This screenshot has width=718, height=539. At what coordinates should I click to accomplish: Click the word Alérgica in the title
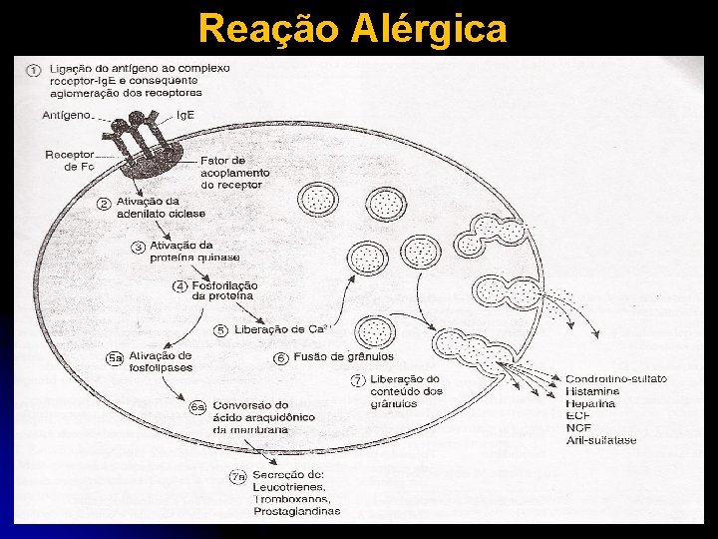click(x=430, y=29)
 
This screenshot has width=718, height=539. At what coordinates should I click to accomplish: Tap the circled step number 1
click(x=34, y=69)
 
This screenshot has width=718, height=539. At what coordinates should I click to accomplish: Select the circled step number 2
click(x=104, y=203)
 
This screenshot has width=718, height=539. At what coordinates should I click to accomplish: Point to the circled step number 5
click(x=221, y=330)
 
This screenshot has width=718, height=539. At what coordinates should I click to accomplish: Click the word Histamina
click(x=591, y=391)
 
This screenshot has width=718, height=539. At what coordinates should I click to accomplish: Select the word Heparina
click(x=589, y=403)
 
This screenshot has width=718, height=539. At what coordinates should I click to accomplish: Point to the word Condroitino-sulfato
click(x=615, y=379)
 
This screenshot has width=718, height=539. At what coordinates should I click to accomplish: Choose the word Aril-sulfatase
click(x=600, y=440)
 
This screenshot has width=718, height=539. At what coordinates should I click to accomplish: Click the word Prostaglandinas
click(x=296, y=511)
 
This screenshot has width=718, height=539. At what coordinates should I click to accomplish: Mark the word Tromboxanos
click(x=290, y=499)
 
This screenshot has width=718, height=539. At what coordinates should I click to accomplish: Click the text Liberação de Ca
click(x=284, y=330)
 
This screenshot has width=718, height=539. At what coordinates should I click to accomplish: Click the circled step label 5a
click(x=115, y=357)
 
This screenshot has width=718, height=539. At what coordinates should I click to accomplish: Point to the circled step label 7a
click(x=237, y=476)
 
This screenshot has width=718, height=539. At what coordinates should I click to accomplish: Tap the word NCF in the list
click(x=578, y=428)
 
